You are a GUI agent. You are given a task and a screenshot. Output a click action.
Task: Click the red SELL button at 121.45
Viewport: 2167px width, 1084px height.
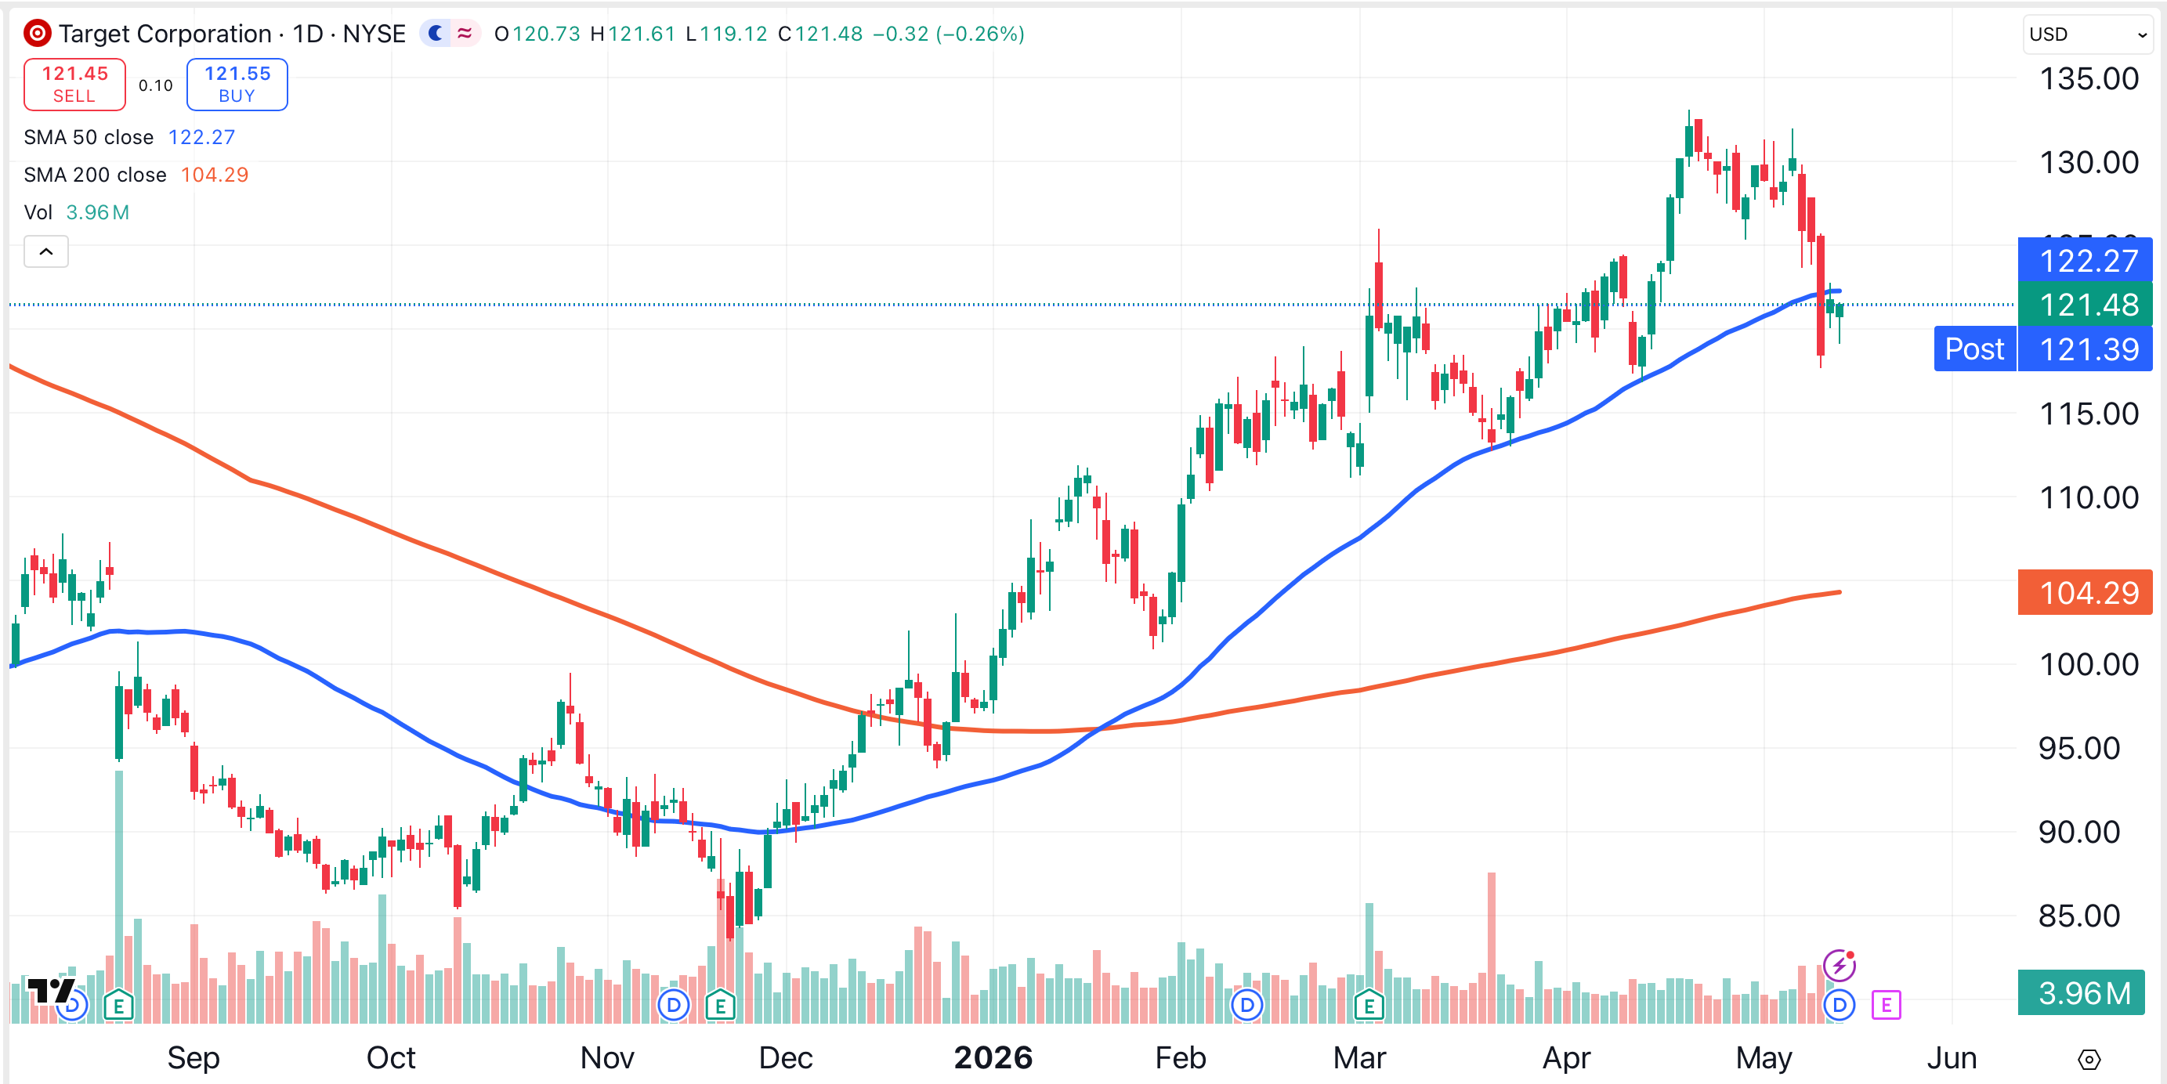pyautogui.click(x=75, y=84)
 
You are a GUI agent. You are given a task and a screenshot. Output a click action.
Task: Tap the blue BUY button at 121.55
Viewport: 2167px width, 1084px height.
pyautogui.click(x=237, y=84)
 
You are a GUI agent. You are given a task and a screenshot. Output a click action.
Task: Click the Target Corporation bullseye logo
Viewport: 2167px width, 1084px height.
pyautogui.click(x=37, y=34)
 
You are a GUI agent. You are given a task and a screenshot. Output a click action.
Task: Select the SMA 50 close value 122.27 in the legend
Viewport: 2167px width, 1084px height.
pyautogui.click(x=202, y=137)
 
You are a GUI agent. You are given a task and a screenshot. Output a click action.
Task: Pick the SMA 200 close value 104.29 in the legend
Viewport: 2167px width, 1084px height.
pyautogui.click(x=215, y=175)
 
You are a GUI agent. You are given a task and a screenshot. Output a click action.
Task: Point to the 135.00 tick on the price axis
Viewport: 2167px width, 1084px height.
pyautogui.click(x=2089, y=79)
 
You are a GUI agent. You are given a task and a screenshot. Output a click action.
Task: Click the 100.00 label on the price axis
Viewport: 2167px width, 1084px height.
pyautogui.click(x=2089, y=664)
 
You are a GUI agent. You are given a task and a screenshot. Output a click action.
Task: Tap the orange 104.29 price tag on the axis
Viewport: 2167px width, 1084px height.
pyautogui.click(x=2085, y=592)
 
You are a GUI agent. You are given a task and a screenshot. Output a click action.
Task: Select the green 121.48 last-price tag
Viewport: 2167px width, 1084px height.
pyautogui.click(x=2085, y=305)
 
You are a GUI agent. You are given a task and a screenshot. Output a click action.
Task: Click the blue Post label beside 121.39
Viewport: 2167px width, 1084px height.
pyautogui.click(x=1974, y=349)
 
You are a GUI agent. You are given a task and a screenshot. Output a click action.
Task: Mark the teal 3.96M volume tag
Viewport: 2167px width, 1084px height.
pyautogui.click(x=2081, y=992)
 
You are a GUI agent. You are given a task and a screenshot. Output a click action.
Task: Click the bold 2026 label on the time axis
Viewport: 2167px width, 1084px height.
pyautogui.click(x=993, y=1057)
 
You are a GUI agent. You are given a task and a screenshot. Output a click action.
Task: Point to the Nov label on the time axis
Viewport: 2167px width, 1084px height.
pyautogui.click(x=607, y=1057)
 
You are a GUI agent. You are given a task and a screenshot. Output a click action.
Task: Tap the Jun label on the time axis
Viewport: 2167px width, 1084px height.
pyautogui.click(x=1952, y=1057)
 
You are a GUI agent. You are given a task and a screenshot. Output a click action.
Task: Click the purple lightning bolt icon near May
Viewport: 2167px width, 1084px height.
pyautogui.click(x=1839, y=966)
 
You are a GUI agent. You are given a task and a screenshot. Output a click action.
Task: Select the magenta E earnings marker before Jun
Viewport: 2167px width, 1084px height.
pyautogui.click(x=1886, y=1004)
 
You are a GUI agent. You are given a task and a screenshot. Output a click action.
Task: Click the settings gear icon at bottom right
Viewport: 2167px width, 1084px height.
pyautogui.click(x=2089, y=1060)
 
